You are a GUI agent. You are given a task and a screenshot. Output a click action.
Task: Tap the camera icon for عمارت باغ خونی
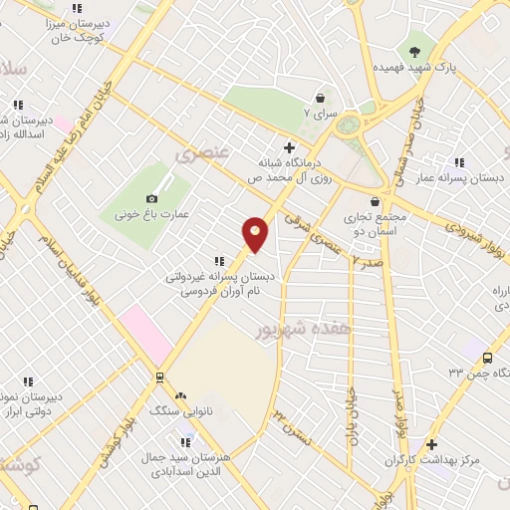click(x=151, y=198)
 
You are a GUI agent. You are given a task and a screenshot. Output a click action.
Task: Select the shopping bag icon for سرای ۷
click(x=321, y=98)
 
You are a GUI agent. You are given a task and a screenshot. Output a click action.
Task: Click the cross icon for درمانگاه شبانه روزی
click(x=289, y=147)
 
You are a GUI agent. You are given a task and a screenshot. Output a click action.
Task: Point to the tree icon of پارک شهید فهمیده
click(x=414, y=51)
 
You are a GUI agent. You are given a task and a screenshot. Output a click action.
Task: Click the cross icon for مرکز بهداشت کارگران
click(x=431, y=444)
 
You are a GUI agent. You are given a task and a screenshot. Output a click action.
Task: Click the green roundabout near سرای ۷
click(x=349, y=126)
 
